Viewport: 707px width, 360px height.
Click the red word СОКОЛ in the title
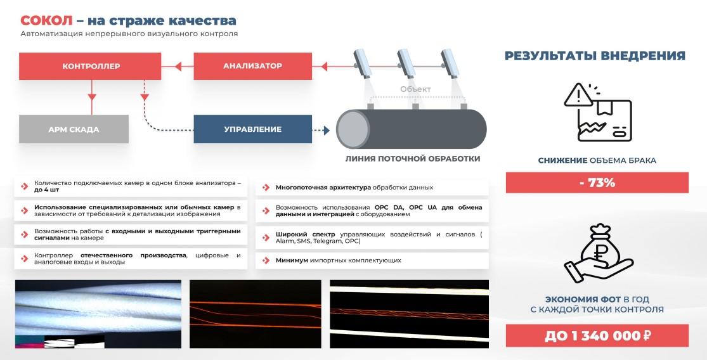click(46, 21)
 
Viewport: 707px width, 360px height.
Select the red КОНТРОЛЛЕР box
click(90, 67)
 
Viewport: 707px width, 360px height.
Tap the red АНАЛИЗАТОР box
click(252, 67)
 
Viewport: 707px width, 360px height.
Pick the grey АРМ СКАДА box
click(74, 129)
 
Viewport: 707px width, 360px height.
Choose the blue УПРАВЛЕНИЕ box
click(252, 129)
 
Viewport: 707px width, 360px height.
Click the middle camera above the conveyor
click(406, 63)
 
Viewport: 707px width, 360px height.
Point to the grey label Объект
click(415, 89)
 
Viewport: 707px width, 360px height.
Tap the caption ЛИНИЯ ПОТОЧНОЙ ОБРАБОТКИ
click(413, 158)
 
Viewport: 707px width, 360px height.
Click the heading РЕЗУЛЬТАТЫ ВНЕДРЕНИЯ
click(595, 56)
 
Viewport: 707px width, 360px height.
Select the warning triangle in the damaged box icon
click(579, 96)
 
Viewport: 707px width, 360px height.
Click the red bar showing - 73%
click(597, 183)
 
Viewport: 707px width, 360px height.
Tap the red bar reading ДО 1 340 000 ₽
click(597, 336)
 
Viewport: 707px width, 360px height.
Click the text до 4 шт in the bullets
click(46, 190)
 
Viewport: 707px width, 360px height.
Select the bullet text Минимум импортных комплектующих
click(338, 260)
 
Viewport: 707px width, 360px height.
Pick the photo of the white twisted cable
click(98, 314)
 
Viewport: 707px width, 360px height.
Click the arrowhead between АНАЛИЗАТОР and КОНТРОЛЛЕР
click(178, 67)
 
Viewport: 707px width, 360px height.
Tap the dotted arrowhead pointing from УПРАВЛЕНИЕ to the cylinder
click(327, 130)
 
